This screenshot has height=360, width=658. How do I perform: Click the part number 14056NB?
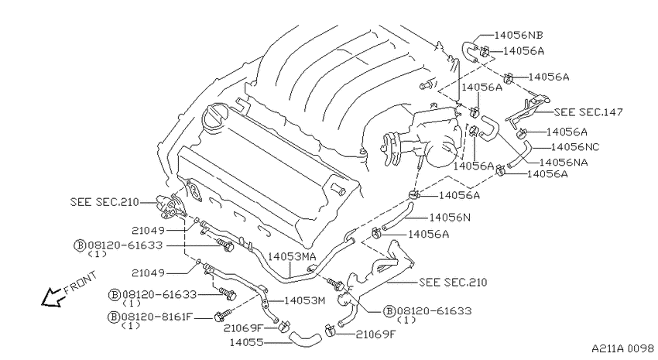pos(518,36)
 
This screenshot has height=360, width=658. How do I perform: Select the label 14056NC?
pos(575,147)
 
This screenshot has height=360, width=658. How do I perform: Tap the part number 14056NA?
pos(563,163)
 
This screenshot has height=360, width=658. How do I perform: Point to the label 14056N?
pos(450,218)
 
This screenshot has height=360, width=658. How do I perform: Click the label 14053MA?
pos(292,256)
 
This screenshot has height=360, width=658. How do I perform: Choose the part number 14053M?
pos(305,300)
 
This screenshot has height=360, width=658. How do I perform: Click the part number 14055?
pos(246,343)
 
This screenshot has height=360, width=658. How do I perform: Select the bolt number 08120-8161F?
pos(156,317)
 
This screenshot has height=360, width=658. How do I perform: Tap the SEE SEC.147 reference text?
pos(588,112)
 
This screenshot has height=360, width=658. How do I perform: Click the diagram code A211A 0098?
pos(622,348)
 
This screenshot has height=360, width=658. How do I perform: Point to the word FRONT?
pos(81,283)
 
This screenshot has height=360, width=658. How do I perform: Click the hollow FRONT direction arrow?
pos(53,297)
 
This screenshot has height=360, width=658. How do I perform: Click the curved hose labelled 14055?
pos(304,338)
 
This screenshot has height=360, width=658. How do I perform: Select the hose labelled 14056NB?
pos(469,51)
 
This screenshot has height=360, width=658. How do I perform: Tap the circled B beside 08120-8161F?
pos(114,317)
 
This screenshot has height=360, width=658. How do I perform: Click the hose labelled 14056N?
pos(398,217)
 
